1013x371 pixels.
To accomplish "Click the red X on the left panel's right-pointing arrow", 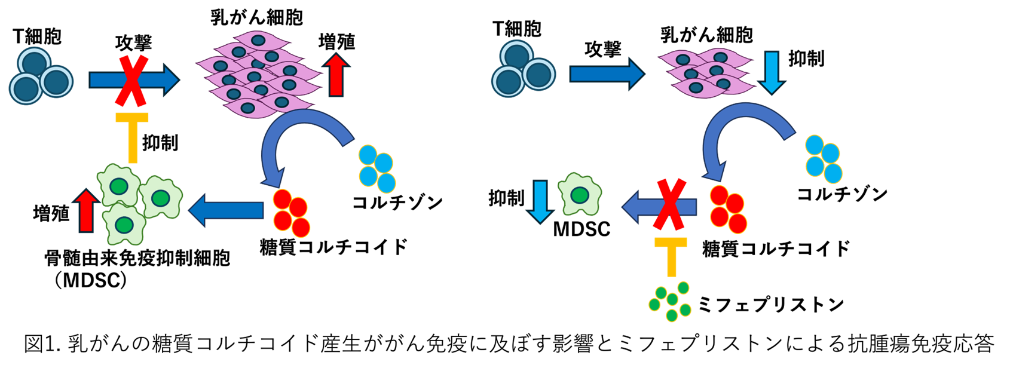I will pos(132,80).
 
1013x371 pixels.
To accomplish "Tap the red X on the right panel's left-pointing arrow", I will pos(669,204).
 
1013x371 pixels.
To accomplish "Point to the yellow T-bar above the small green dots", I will pos(671,256).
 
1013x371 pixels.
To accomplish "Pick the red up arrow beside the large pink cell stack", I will pos(336,75).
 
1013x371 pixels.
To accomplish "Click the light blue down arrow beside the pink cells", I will pos(772,72).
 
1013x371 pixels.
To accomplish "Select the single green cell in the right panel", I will pos(579,194).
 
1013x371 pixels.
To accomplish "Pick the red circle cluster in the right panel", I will pos(728,209).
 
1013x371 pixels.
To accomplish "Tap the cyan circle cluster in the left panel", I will pos(377,169).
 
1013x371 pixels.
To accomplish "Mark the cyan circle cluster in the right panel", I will pos(824,159).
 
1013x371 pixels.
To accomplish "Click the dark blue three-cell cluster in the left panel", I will pos(41,76).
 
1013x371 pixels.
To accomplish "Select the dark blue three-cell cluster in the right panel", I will pos(523,69).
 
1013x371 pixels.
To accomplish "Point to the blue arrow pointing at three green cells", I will pos(227,210).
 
